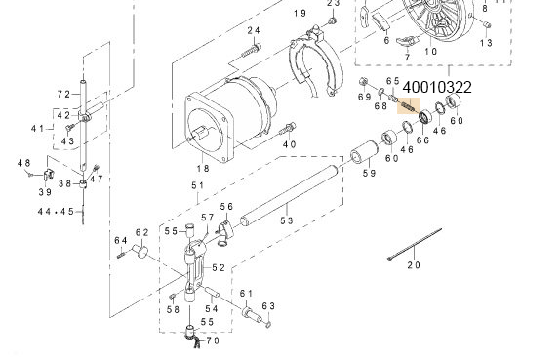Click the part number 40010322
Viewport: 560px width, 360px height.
tap(436, 88)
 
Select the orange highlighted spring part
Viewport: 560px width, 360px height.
tap(405, 105)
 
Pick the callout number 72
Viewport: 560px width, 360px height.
tap(63, 94)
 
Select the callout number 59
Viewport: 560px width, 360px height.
tap(369, 174)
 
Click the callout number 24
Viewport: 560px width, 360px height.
tap(253, 32)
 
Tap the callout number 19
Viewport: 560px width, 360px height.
tap(300, 13)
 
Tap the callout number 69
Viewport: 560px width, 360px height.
tap(364, 98)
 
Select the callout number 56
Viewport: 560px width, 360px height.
tap(226, 207)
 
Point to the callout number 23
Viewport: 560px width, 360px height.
tap(333, 4)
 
